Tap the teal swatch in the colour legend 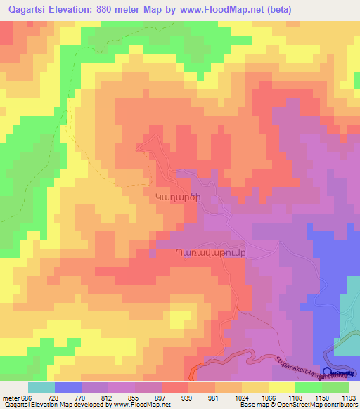41,387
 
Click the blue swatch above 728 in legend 67,387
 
